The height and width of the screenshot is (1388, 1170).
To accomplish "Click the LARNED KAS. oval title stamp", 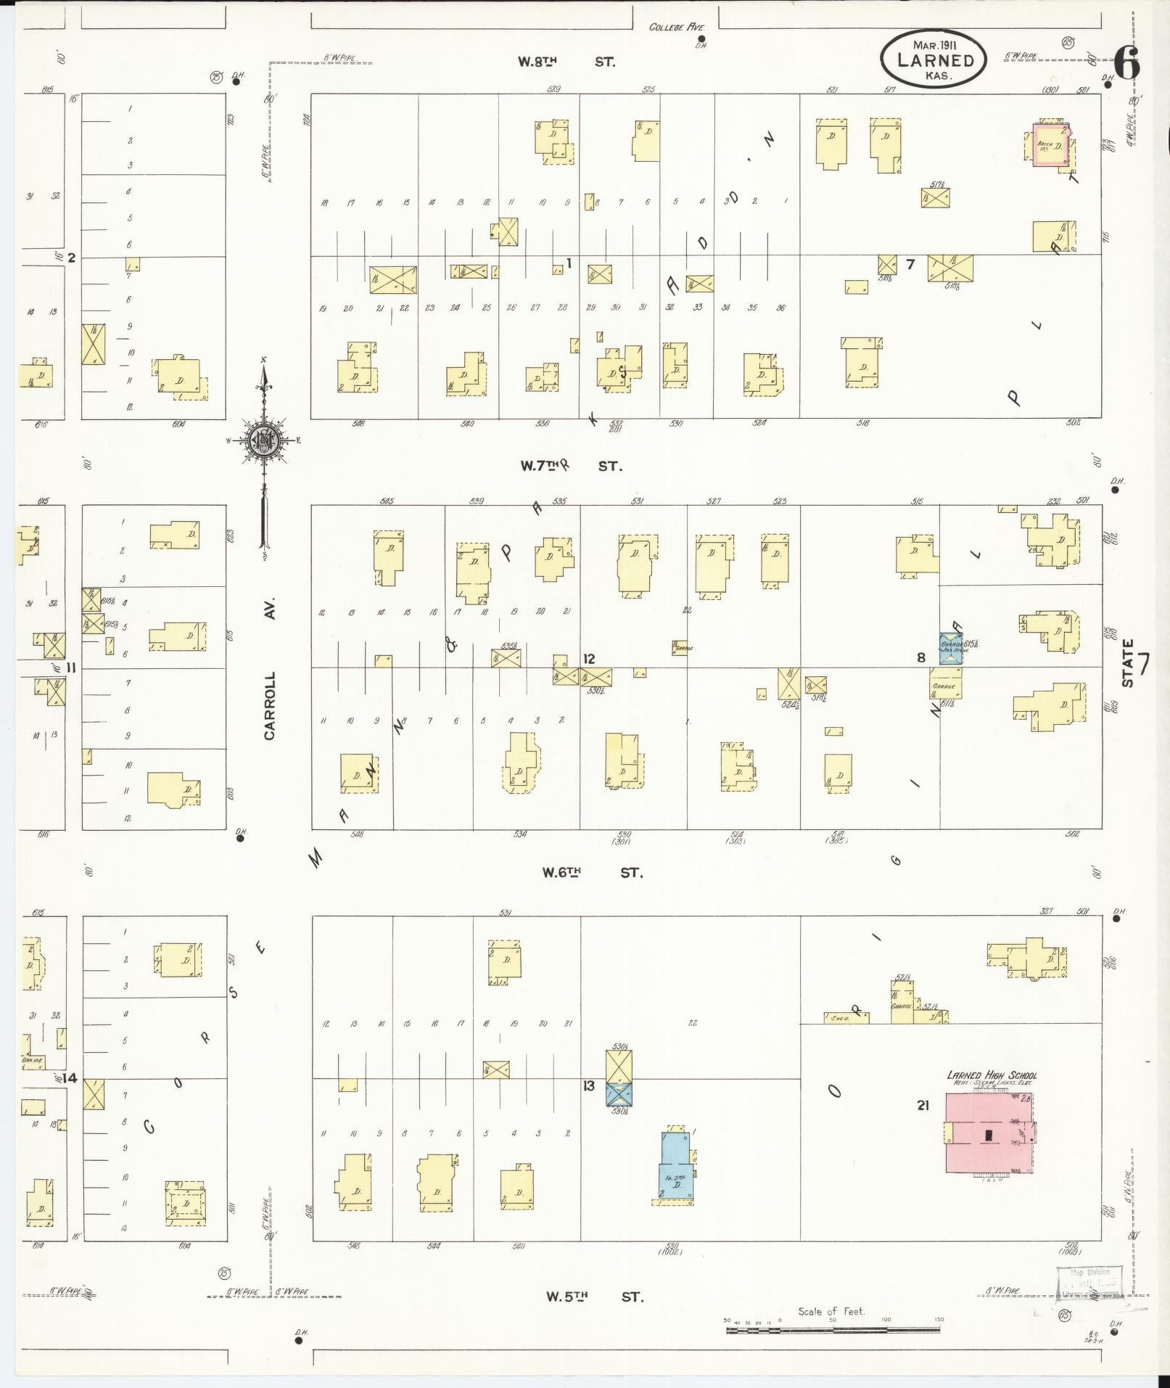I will [934, 59].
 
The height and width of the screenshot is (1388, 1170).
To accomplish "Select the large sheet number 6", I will [1126, 63].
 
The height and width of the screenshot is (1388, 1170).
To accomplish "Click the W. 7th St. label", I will [571, 466].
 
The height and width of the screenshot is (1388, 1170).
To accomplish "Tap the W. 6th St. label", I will [592, 872].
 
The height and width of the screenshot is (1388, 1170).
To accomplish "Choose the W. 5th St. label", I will [595, 1296].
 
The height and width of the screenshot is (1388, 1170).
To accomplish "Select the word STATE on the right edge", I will [1127, 663].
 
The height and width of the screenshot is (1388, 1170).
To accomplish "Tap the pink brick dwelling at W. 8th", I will [1050, 145].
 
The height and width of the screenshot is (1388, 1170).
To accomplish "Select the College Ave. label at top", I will [676, 28].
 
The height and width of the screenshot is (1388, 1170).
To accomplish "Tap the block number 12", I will [589, 658].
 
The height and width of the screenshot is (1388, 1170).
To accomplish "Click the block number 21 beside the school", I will [923, 1105].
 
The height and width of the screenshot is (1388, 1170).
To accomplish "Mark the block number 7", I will [910, 264].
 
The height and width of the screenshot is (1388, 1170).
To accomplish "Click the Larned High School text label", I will [992, 1075].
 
